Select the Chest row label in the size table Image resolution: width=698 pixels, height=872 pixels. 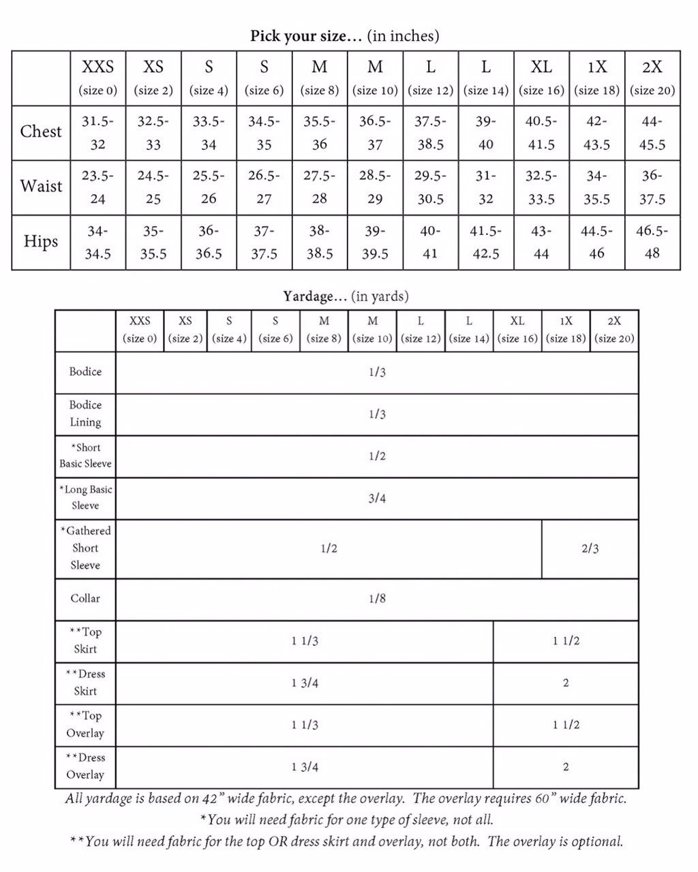point(41,131)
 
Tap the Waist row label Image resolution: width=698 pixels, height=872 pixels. point(41,186)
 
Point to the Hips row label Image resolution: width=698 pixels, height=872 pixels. point(41,241)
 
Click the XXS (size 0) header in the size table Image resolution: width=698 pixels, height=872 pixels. point(98,77)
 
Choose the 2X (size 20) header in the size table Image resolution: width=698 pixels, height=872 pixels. point(652,77)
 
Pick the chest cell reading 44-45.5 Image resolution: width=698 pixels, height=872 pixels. point(652,133)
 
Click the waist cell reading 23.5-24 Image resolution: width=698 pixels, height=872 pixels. point(98,187)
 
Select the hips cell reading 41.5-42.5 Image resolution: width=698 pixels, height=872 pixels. point(486,242)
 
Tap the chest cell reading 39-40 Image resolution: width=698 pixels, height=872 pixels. point(486,133)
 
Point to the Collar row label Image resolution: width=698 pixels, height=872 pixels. point(85,599)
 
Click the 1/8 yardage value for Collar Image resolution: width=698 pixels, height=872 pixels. point(377,599)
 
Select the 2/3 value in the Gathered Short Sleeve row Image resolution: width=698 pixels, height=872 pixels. point(590,548)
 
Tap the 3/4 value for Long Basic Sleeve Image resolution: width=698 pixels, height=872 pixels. point(377,499)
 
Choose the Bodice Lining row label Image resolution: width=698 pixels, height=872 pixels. point(85,414)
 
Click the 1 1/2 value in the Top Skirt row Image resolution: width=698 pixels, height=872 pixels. point(566,641)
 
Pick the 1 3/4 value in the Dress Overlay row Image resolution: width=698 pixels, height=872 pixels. point(305,767)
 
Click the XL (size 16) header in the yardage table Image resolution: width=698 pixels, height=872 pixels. point(517,330)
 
